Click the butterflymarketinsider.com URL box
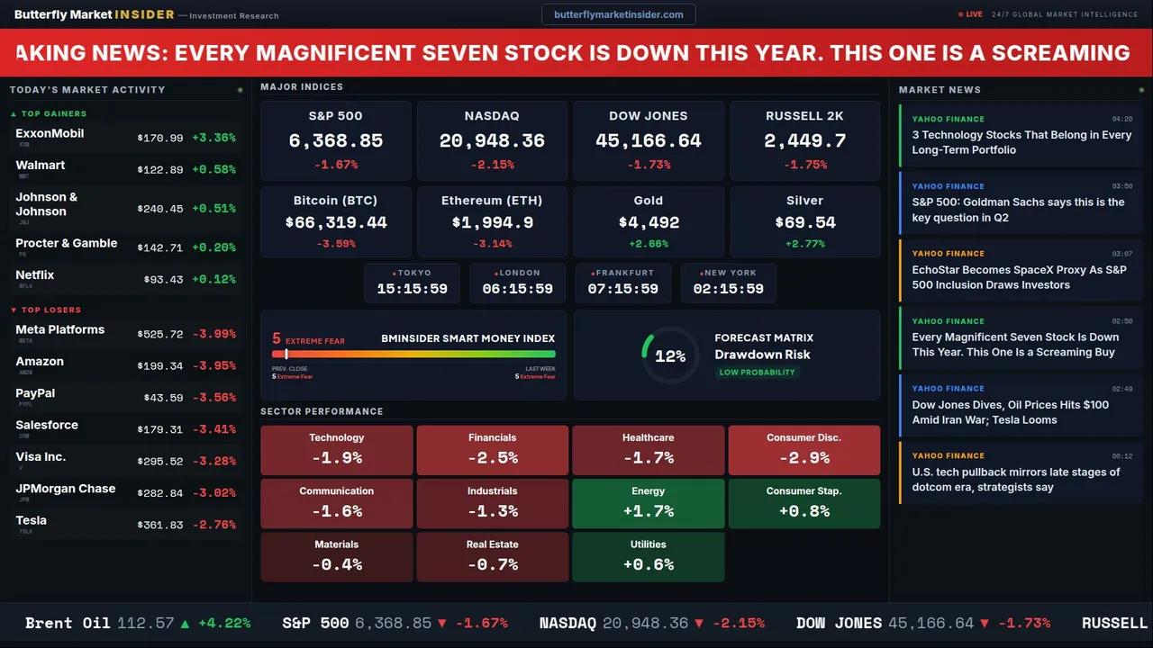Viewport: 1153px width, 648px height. (618, 14)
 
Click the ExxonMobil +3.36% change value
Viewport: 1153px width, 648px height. (213, 138)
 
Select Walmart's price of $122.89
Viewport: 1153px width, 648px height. (160, 170)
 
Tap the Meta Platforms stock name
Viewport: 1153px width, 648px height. (60, 329)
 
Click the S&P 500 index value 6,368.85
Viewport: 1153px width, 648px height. (335, 140)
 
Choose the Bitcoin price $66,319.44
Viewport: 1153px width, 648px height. (335, 222)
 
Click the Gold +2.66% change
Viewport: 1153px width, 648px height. (648, 244)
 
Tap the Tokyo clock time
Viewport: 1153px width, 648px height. (412, 289)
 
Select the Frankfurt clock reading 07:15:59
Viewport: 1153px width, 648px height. (622, 289)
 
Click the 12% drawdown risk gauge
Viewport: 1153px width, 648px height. (669, 356)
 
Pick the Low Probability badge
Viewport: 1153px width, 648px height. (757, 373)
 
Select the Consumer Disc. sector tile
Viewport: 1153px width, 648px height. (803, 449)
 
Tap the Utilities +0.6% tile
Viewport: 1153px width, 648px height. (648, 556)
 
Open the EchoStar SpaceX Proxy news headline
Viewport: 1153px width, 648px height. (1019, 277)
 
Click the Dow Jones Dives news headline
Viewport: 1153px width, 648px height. (1010, 412)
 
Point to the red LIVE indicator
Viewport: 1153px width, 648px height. (970, 14)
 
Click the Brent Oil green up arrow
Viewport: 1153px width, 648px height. (185, 623)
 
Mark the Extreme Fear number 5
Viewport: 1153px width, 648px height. (277, 339)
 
